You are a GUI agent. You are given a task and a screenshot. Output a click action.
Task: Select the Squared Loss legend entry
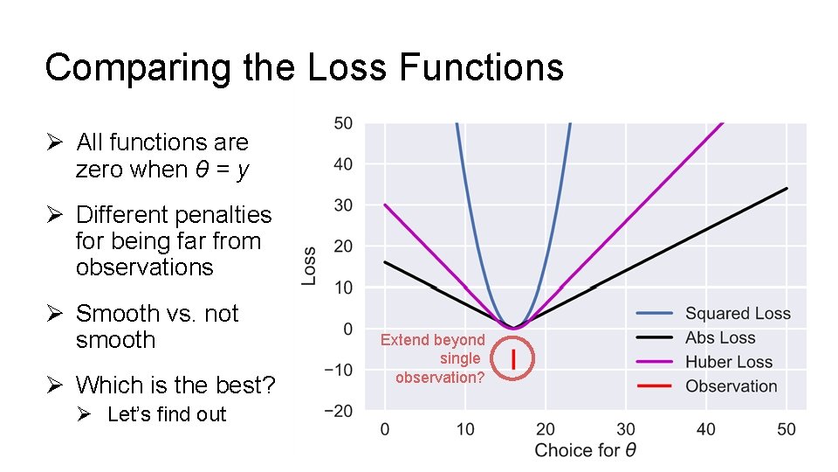coord(738,314)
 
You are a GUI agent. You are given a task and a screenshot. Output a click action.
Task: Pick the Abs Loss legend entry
coord(720,337)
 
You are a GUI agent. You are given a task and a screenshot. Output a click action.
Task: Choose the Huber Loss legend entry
coord(729,362)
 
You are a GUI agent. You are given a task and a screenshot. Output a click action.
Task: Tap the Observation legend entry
coord(731,386)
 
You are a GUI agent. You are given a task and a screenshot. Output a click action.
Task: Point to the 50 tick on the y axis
coord(343,123)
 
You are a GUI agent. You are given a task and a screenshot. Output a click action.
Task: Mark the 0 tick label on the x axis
coord(385,429)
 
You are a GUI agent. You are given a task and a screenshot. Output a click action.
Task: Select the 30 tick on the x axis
coord(626,429)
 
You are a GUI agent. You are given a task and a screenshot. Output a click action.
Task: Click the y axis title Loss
coord(309,262)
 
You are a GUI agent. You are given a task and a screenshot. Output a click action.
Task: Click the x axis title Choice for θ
coord(585,451)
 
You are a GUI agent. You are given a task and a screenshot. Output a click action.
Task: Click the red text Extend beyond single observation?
coord(434,358)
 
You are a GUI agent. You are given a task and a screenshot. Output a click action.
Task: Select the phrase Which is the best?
coord(175,385)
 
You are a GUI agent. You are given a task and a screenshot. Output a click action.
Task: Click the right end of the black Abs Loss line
coord(786,188)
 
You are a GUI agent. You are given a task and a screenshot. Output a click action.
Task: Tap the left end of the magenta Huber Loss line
coord(385,205)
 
